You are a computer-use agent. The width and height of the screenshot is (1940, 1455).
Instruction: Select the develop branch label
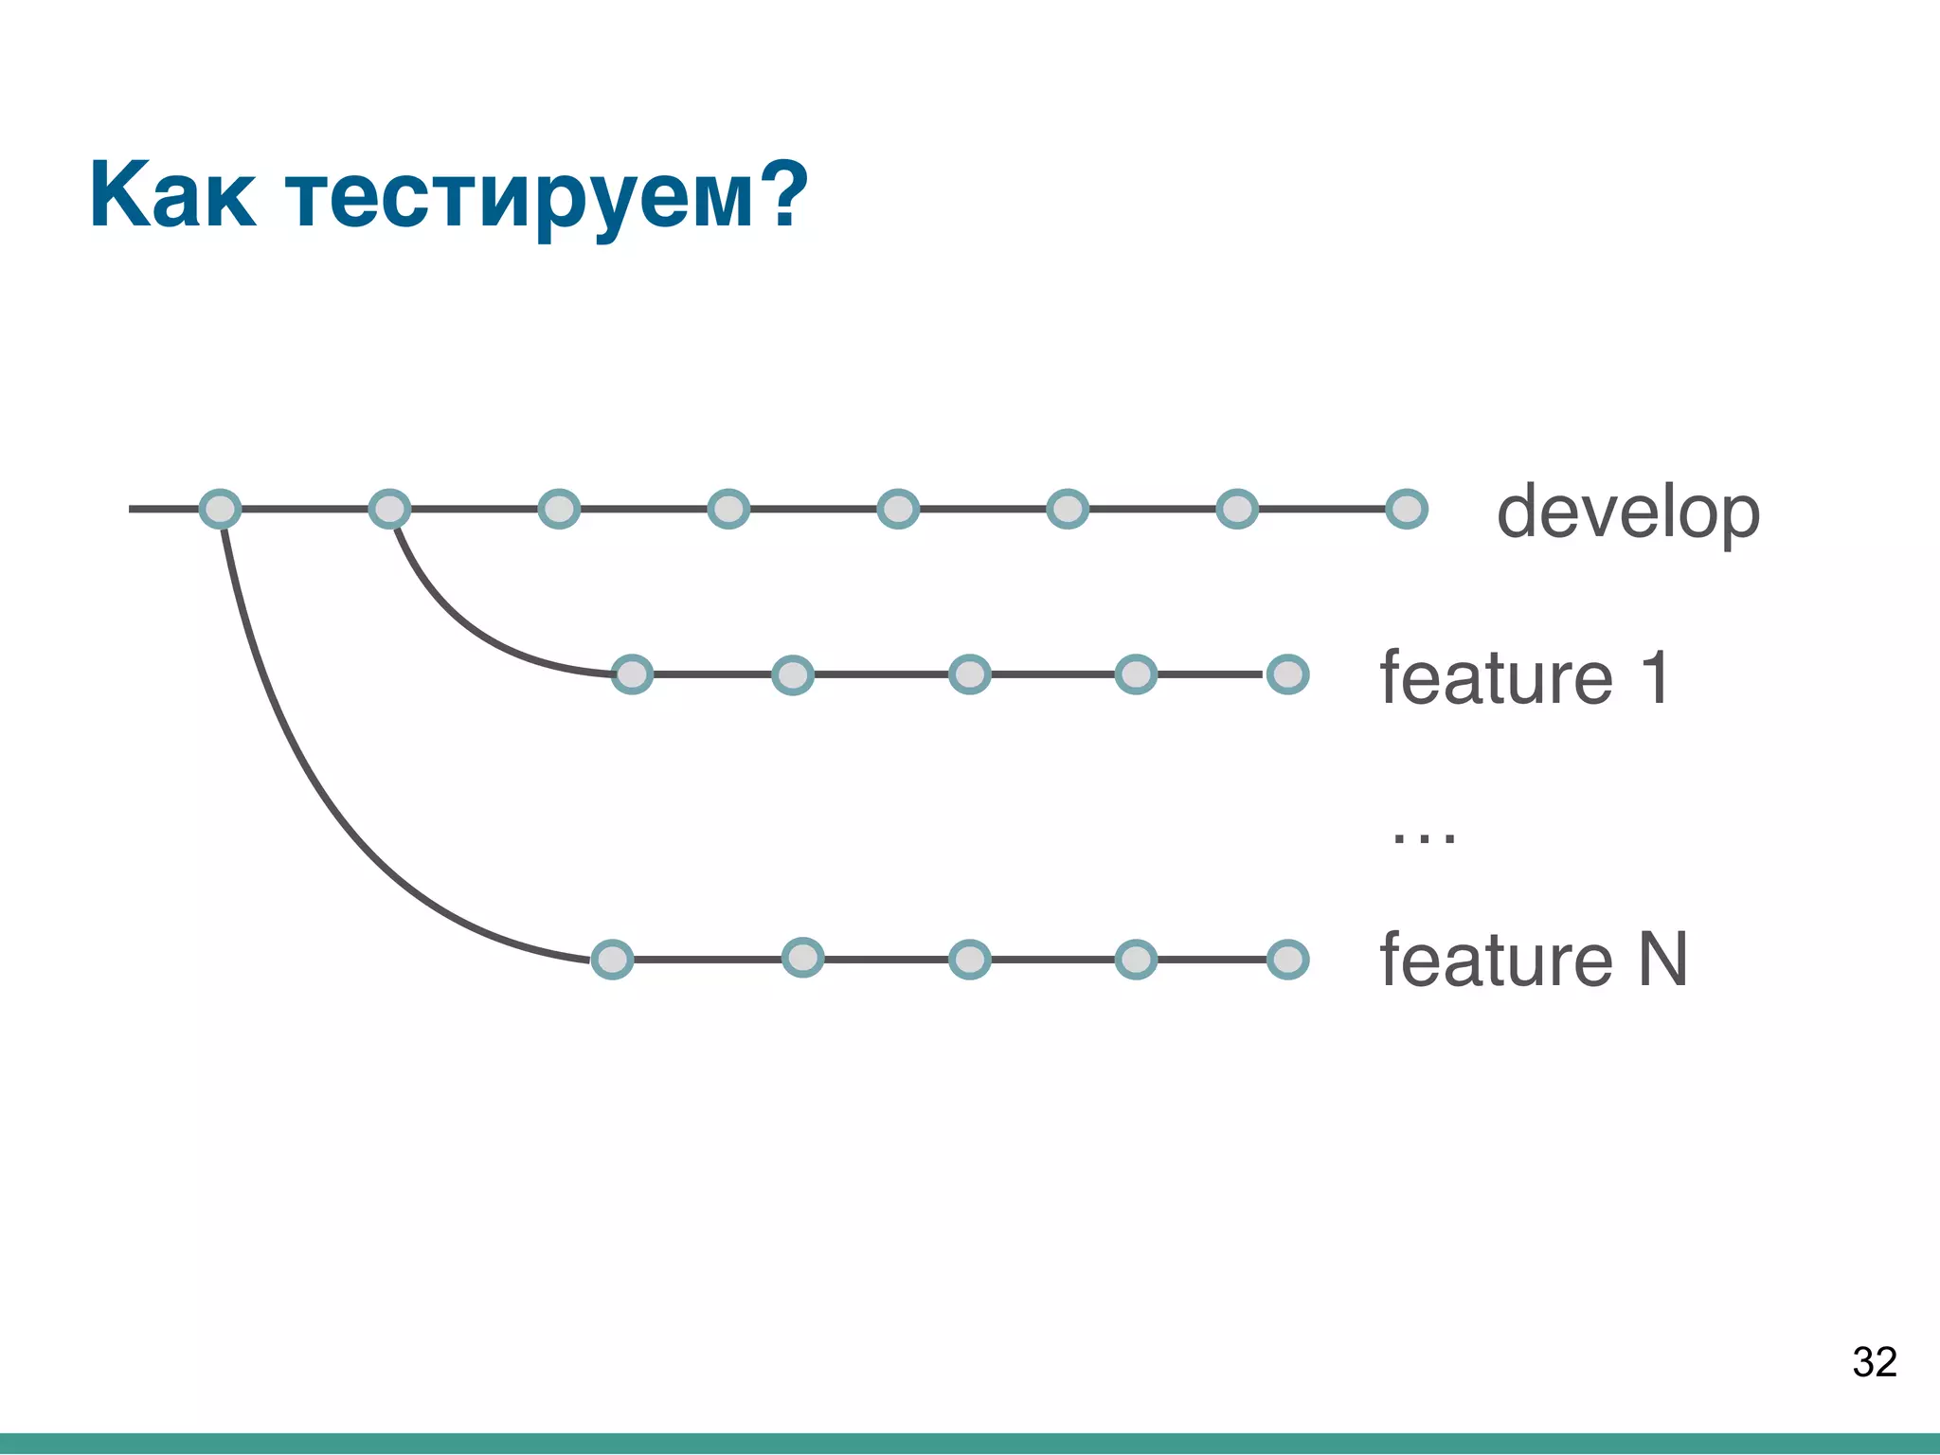click(x=1627, y=512)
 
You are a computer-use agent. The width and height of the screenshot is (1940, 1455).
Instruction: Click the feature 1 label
click(x=1524, y=677)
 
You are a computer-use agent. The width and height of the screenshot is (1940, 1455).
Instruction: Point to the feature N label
click(x=1533, y=960)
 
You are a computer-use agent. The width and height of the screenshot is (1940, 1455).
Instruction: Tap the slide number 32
click(x=1874, y=1362)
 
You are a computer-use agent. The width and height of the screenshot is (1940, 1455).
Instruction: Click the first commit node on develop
click(x=220, y=509)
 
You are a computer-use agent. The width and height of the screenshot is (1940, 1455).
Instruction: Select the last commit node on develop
click(x=1406, y=509)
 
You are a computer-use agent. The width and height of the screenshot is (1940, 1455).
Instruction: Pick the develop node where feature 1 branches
click(x=389, y=509)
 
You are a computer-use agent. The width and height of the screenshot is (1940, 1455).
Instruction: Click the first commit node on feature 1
click(x=632, y=674)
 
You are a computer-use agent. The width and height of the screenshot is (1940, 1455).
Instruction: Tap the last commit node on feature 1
click(x=1287, y=674)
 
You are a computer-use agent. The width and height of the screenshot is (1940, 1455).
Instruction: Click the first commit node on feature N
click(x=612, y=960)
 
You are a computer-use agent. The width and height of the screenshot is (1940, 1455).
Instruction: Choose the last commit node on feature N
click(x=1287, y=960)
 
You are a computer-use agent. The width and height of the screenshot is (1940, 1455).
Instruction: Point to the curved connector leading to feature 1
click(x=455, y=625)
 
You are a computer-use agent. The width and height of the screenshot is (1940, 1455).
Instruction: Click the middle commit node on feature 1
click(x=969, y=674)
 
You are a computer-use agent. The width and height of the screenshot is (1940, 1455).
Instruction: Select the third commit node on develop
click(x=559, y=509)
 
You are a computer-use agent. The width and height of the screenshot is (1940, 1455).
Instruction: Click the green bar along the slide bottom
click(x=970, y=1444)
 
